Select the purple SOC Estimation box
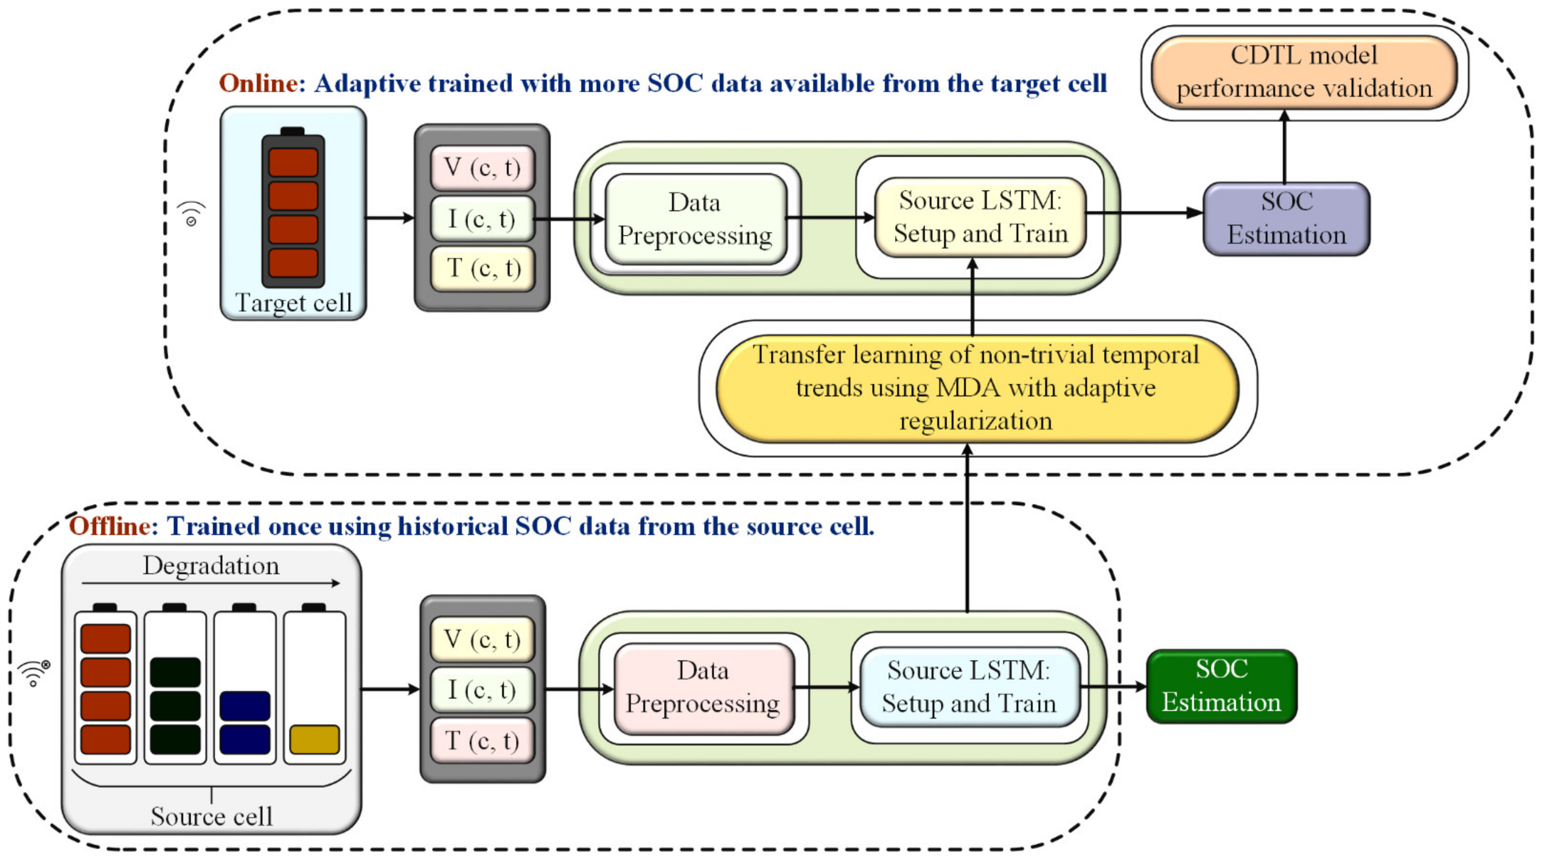(1286, 219)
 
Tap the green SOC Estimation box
(1222, 686)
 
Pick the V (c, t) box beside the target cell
(482, 168)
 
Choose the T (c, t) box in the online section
(482, 268)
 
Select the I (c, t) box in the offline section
(482, 690)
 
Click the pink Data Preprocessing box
(703, 688)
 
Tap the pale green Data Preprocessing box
(696, 219)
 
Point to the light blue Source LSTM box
(970, 687)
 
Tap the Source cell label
(211, 816)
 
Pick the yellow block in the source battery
(314, 740)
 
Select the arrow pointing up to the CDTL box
(1284, 147)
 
